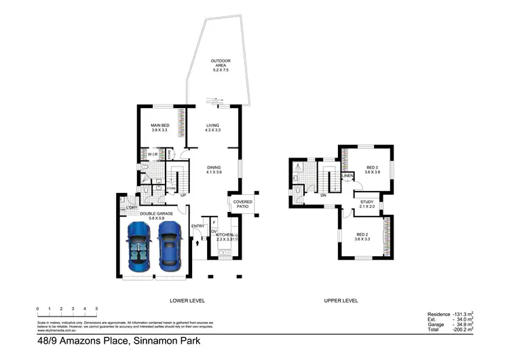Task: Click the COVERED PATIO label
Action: point(243,204)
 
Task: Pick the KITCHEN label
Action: point(225,236)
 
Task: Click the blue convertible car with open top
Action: point(139,246)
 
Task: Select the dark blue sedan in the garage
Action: point(169,246)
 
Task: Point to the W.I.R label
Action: point(153,156)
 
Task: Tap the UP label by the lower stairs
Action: point(183,196)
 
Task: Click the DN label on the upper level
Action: point(324,196)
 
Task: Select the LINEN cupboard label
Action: point(347,176)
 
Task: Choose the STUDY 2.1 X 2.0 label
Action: point(367,204)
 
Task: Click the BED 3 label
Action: point(371,170)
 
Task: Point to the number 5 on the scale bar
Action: point(96,309)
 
